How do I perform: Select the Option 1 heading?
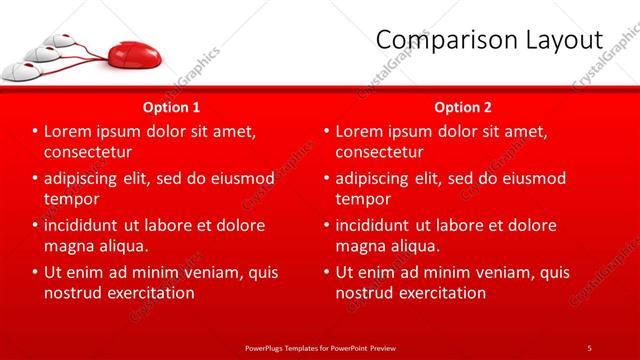click(171, 106)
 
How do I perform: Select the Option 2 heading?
click(462, 106)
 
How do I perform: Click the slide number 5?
click(589, 347)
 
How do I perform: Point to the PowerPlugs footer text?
click(319, 347)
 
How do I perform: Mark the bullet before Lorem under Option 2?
click(326, 132)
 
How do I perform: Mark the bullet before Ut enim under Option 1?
click(35, 272)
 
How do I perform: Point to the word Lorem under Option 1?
click(67, 131)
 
